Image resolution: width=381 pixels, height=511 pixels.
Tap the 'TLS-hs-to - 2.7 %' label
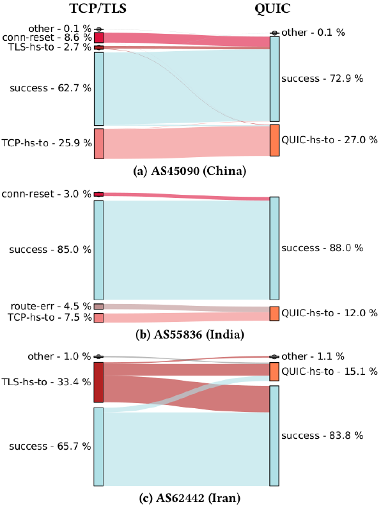[50, 48]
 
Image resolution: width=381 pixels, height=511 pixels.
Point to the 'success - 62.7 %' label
[50, 89]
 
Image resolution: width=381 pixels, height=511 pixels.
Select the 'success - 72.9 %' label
[322, 79]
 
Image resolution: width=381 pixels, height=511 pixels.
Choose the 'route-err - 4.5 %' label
[50, 307]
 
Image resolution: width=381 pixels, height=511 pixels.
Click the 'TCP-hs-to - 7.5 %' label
[49, 317]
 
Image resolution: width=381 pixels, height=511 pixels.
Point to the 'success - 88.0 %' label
[322, 248]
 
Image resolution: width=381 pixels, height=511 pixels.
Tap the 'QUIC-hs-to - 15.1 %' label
[329, 371]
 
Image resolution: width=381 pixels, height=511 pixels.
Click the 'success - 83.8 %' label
[322, 436]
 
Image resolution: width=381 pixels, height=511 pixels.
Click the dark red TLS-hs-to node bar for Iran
[98, 383]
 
